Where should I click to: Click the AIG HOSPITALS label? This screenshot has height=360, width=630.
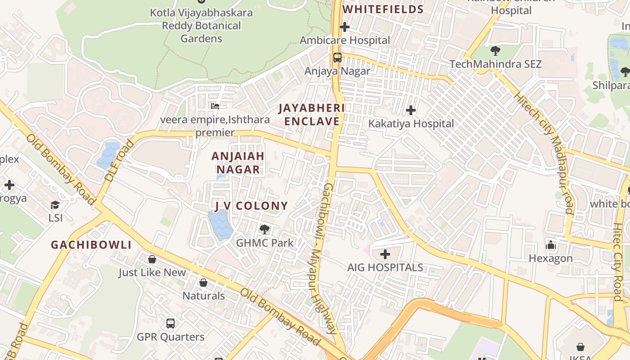pos(385,267)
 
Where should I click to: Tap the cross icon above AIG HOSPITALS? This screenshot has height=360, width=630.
pos(385,254)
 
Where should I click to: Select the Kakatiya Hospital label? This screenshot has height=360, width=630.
pos(411,123)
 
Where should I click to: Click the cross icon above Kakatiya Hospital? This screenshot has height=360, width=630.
pos(410,110)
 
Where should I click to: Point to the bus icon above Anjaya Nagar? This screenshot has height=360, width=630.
pos(337,58)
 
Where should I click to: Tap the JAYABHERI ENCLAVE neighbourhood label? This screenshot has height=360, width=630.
pos(311,115)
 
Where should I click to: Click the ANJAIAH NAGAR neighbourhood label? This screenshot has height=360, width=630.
pos(238,163)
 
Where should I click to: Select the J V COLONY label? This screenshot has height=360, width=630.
pos(251,206)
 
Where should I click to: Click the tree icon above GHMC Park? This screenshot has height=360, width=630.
pos(265,229)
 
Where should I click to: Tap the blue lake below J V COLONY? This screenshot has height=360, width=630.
pos(220,225)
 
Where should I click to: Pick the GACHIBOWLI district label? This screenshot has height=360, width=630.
pos(91,245)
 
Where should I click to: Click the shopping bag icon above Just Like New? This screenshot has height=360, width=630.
pos(152,259)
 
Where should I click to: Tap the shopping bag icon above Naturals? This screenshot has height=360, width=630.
pos(203,283)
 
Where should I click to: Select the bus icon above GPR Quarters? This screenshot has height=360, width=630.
pos(171,323)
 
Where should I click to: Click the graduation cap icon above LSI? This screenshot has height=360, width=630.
pos(55,205)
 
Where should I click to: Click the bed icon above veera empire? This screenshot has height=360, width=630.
pos(215,106)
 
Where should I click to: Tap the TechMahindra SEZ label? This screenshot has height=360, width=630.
pos(495,64)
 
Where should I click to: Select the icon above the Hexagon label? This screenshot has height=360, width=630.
pos(550,245)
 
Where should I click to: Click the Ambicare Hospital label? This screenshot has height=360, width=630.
pos(345,40)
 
